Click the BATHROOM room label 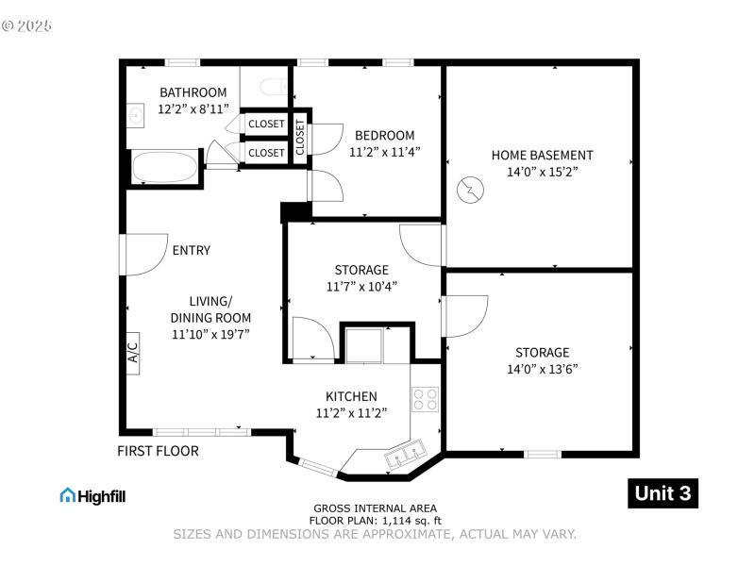click(x=193, y=92)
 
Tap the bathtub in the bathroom click(x=165, y=169)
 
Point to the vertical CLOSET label click(x=300, y=138)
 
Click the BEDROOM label click(x=384, y=135)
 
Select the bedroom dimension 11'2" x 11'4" click(x=384, y=151)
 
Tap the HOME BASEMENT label click(x=542, y=155)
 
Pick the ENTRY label click(x=191, y=250)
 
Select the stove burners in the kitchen click(x=425, y=398)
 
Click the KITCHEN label click(x=351, y=396)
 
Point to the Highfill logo click(x=92, y=495)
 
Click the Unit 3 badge click(x=663, y=493)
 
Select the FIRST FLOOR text click(x=158, y=451)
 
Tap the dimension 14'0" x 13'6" click(x=542, y=369)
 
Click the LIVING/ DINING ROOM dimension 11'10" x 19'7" click(x=210, y=334)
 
